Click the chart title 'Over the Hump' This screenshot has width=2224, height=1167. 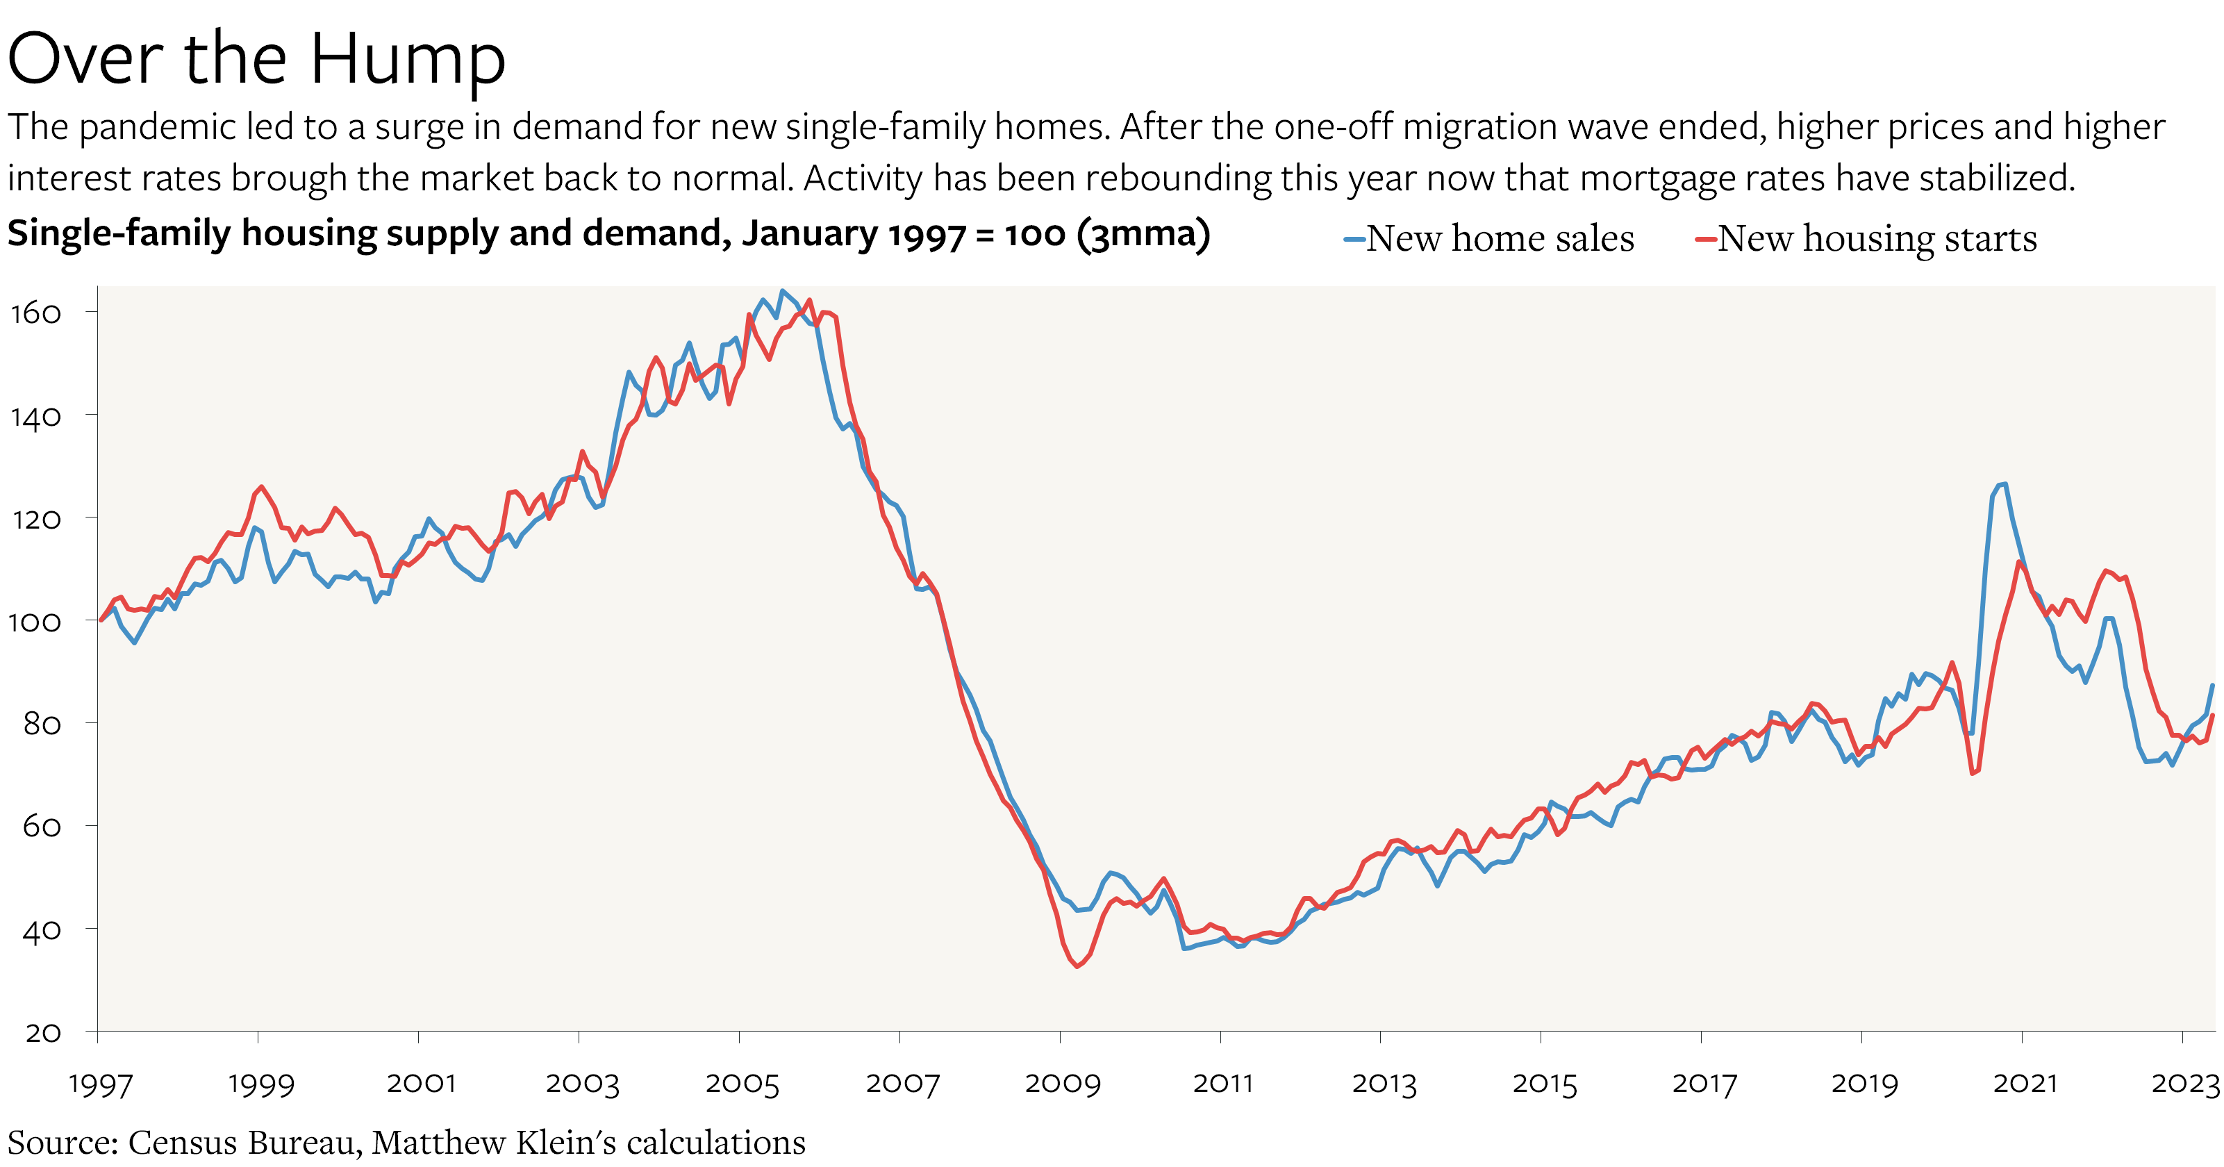[x=256, y=58]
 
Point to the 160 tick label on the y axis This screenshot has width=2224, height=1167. [x=35, y=313]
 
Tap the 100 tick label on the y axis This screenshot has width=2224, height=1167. [x=35, y=622]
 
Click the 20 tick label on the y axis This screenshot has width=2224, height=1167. [x=42, y=1032]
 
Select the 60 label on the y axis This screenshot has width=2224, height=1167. [x=42, y=827]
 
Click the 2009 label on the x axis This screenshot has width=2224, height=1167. [x=1062, y=1083]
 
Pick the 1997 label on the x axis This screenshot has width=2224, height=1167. [x=100, y=1083]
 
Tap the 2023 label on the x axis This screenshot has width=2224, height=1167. [x=2184, y=1083]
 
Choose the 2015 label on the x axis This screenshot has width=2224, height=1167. [x=1544, y=1083]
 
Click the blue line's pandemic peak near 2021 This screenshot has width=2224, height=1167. [x=2003, y=484]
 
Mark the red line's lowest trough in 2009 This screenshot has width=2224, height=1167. [x=1077, y=966]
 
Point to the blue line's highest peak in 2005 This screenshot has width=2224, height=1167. [x=782, y=291]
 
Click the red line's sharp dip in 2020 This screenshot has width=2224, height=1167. [x=1973, y=772]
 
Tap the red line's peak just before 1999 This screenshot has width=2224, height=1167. [x=262, y=487]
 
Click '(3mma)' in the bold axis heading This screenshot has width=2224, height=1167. [x=1143, y=234]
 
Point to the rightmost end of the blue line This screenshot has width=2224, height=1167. [x=2212, y=686]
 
